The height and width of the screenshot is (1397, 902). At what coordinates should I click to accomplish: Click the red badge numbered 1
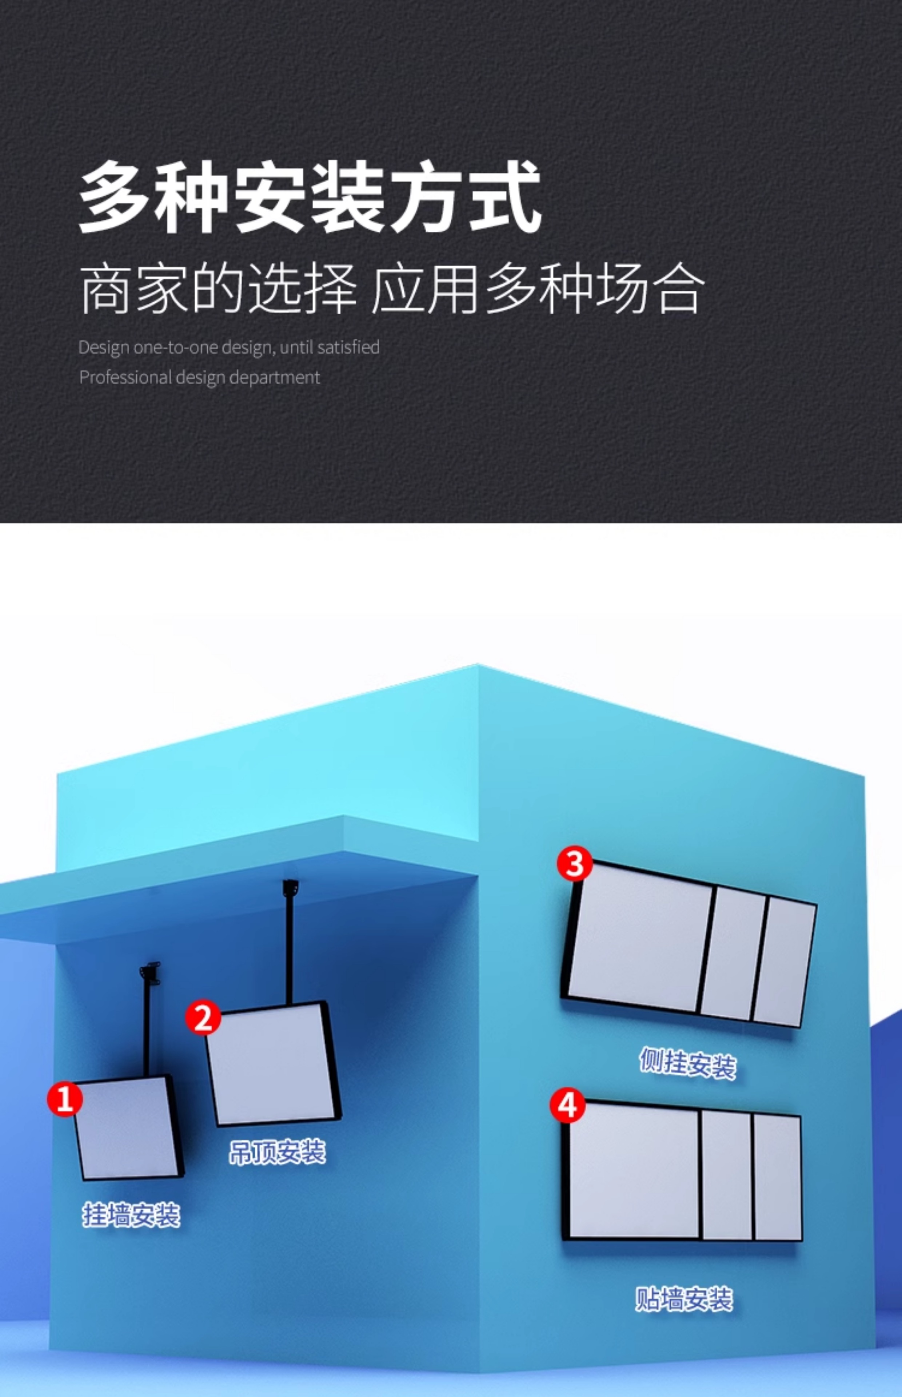click(64, 1098)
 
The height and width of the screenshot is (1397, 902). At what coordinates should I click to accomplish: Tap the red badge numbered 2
click(203, 1018)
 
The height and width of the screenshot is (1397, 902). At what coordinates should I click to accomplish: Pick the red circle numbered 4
click(567, 1105)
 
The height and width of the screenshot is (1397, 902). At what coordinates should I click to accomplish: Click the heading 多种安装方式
click(311, 198)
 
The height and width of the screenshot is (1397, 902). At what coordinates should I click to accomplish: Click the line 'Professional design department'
click(200, 377)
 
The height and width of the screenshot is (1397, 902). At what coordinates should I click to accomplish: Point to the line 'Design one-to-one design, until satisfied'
click(229, 347)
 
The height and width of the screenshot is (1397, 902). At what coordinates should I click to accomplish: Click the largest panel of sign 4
click(634, 1171)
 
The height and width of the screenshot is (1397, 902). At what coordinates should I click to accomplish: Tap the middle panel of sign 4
click(727, 1175)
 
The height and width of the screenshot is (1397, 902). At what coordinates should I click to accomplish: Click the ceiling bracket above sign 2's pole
click(291, 887)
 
